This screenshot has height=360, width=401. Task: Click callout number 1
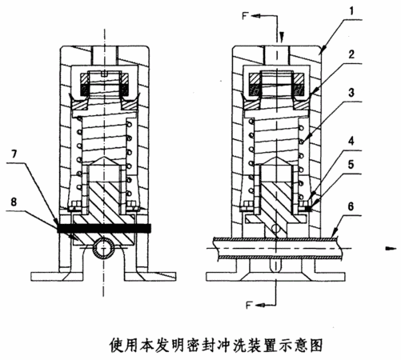pos(352,11)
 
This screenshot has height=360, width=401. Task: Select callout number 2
pos(351,54)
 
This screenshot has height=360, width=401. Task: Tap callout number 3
pos(351,93)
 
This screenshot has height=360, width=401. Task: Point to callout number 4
pos(351,141)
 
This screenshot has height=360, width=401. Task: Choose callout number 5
pos(351,165)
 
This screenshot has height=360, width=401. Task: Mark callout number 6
pos(351,206)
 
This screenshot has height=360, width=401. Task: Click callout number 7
pos(14,154)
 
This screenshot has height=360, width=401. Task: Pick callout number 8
pos(14,202)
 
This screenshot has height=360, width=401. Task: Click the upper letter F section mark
pos(246,16)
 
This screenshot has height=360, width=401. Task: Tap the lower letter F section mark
pos(249,305)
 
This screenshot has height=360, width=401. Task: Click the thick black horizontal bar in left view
pos(104,228)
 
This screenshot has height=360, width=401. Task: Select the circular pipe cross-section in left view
pos(104,249)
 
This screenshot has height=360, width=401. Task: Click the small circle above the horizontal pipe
pos(275,229)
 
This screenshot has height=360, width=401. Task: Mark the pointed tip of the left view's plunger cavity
pos(104,158)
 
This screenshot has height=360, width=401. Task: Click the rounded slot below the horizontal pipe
pos(276,266)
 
